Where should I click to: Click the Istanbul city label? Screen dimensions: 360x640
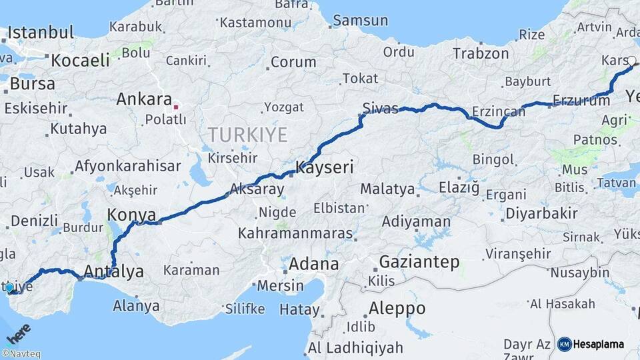(x=41, y=32)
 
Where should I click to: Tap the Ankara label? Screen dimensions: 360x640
(x=144, y=99)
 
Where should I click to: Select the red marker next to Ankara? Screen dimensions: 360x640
(x=175, y=106)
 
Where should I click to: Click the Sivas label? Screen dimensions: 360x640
(x=381, y=107)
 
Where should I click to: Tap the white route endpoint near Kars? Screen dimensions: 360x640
(x=631, y=61)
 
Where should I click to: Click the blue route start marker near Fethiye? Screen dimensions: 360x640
(x=9, y=287)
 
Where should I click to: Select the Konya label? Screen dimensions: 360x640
(x=132, y=215)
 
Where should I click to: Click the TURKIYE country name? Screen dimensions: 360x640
(x=247, y=135)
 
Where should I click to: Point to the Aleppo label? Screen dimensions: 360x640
(x=397, y=309)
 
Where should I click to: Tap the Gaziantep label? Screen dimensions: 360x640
(x=419, y=262)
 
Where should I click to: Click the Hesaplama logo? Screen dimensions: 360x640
(x=591, y=344)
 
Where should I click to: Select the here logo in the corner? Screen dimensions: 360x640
(x=18, y=333)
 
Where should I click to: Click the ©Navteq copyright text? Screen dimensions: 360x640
(x=21, y=354)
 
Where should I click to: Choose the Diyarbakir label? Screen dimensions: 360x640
(x=541, y=214)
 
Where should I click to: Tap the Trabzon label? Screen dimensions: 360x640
(x=481, y=53)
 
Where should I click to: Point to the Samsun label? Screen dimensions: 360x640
(x=360, y=21)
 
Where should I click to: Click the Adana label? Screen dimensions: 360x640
(x=313, y=263)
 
